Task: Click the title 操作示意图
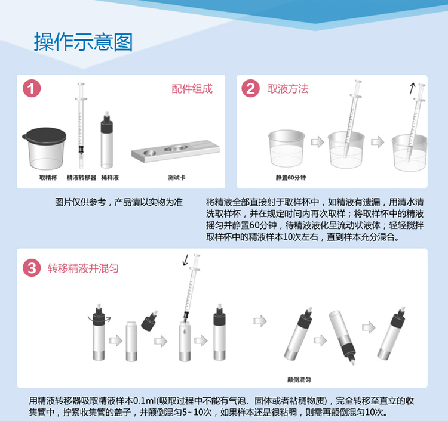click(x=84, y=42)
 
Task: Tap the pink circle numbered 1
click(x=32, y=88)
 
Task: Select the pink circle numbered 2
click(x=250, y=88)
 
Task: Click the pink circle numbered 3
click(x=32, y=268)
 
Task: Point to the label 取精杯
click(x=48, y=178)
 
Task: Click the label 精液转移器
click(x=81, y=178)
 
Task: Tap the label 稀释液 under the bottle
click(x=110, y=178)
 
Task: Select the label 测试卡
click(x=177, y=178)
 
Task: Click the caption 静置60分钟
click(x=291, y=178)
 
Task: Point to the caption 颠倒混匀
click(x=299, y=380)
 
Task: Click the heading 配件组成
click(x=192, y=89)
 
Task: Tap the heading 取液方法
click(x=288, y=89)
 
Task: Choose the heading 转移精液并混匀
click(x=83, y=268)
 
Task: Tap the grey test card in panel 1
click(x=176, y=151)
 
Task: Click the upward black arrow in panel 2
click(x=412, y=88)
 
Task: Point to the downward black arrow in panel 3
click(x=186, y=259)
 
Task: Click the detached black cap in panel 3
click(x=149, y=321)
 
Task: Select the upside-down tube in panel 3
click(x=343, y=336)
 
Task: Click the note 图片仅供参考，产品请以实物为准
click(x=119, y=202)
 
